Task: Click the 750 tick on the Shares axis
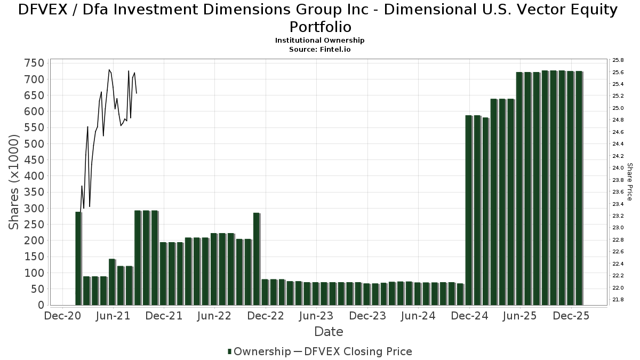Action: [34, 63]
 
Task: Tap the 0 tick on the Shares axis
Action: [40, 305]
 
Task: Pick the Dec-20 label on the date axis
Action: [62, 316]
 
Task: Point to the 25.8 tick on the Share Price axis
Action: [618, 60]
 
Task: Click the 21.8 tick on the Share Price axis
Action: [618, 300]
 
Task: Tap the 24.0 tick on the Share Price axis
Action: [618, 168]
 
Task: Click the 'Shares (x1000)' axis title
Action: [14, 182]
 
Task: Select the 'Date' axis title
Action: [329, 332]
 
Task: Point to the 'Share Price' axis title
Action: [630, 182]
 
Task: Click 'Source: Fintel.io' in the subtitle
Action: [320, 49]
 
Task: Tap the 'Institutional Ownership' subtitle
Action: [320, 41]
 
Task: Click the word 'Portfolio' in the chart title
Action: [320, 27]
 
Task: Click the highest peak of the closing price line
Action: [109, 69]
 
